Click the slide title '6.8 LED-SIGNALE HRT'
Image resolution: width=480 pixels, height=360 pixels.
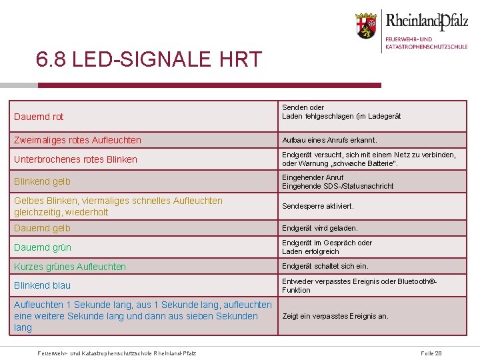(x=149, y=60)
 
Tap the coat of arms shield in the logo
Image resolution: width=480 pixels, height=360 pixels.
(x=365, y=27)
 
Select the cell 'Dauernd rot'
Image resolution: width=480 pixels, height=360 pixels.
(x=39, y=117)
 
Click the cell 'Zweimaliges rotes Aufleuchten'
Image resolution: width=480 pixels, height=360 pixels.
(x=77, y=141)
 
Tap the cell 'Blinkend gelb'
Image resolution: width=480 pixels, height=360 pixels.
(x=42, y=181)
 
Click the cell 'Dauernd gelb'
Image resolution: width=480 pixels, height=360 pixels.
(x=42, y=228)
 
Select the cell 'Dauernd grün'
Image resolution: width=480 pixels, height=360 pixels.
(x=42, y=247)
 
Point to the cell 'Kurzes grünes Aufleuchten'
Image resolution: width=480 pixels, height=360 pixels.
(x=69, y=267)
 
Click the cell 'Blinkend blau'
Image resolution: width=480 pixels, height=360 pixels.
(x=42, y=285)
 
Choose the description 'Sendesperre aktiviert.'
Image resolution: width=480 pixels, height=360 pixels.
(x=317, y=207)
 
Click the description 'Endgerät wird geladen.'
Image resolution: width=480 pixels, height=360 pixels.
(x=319, y=228)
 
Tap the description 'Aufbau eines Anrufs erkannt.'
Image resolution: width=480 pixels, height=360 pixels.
(x=329, y=141)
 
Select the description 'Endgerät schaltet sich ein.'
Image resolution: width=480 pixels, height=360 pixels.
(x=325, y=266)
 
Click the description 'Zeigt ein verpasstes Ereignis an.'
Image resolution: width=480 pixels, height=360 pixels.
(x=335, y=316)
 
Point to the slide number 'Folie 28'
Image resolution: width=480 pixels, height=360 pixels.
(x=431, y=352)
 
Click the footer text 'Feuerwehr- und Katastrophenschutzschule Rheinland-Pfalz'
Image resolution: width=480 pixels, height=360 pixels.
(x=117, y=352)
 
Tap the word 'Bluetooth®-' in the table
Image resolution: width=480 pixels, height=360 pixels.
(x=419, y=281)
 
